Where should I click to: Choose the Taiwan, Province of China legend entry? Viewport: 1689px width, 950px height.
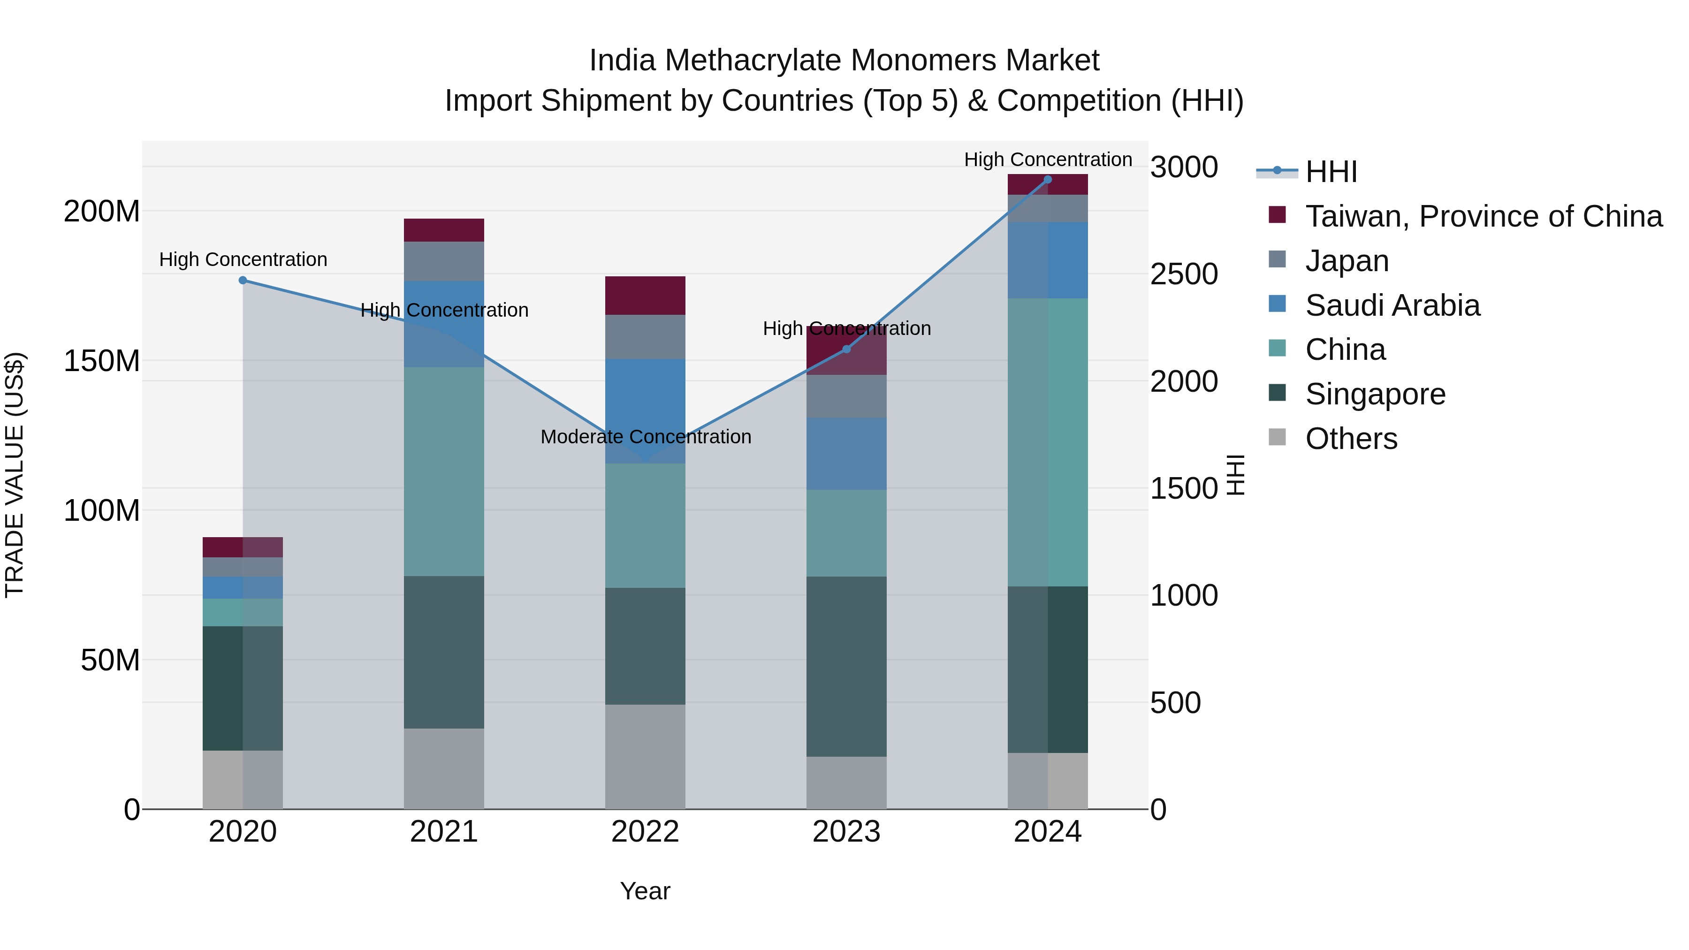coord(1483,216)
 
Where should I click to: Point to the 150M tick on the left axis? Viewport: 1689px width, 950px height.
coord(102,361)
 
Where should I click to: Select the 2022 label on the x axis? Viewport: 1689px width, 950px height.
coord(645,832)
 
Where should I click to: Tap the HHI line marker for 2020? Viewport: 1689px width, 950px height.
coord(243,281)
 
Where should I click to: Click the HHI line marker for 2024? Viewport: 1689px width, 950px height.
coord(1047,180)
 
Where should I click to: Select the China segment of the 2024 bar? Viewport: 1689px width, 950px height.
coord(1047,442)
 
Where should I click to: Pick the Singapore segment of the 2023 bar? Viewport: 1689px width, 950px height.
coord(846,666)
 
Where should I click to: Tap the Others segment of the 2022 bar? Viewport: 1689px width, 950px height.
coord(645,757)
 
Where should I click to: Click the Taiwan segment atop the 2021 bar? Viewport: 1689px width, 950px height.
coord(444,230)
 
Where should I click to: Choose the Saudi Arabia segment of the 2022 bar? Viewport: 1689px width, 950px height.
coord(645,411)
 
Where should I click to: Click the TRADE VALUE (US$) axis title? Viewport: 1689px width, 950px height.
coord(15,475)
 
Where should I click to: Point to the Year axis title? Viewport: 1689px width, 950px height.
coord(645,891)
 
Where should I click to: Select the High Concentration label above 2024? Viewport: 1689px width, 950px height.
coord(1048,160)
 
